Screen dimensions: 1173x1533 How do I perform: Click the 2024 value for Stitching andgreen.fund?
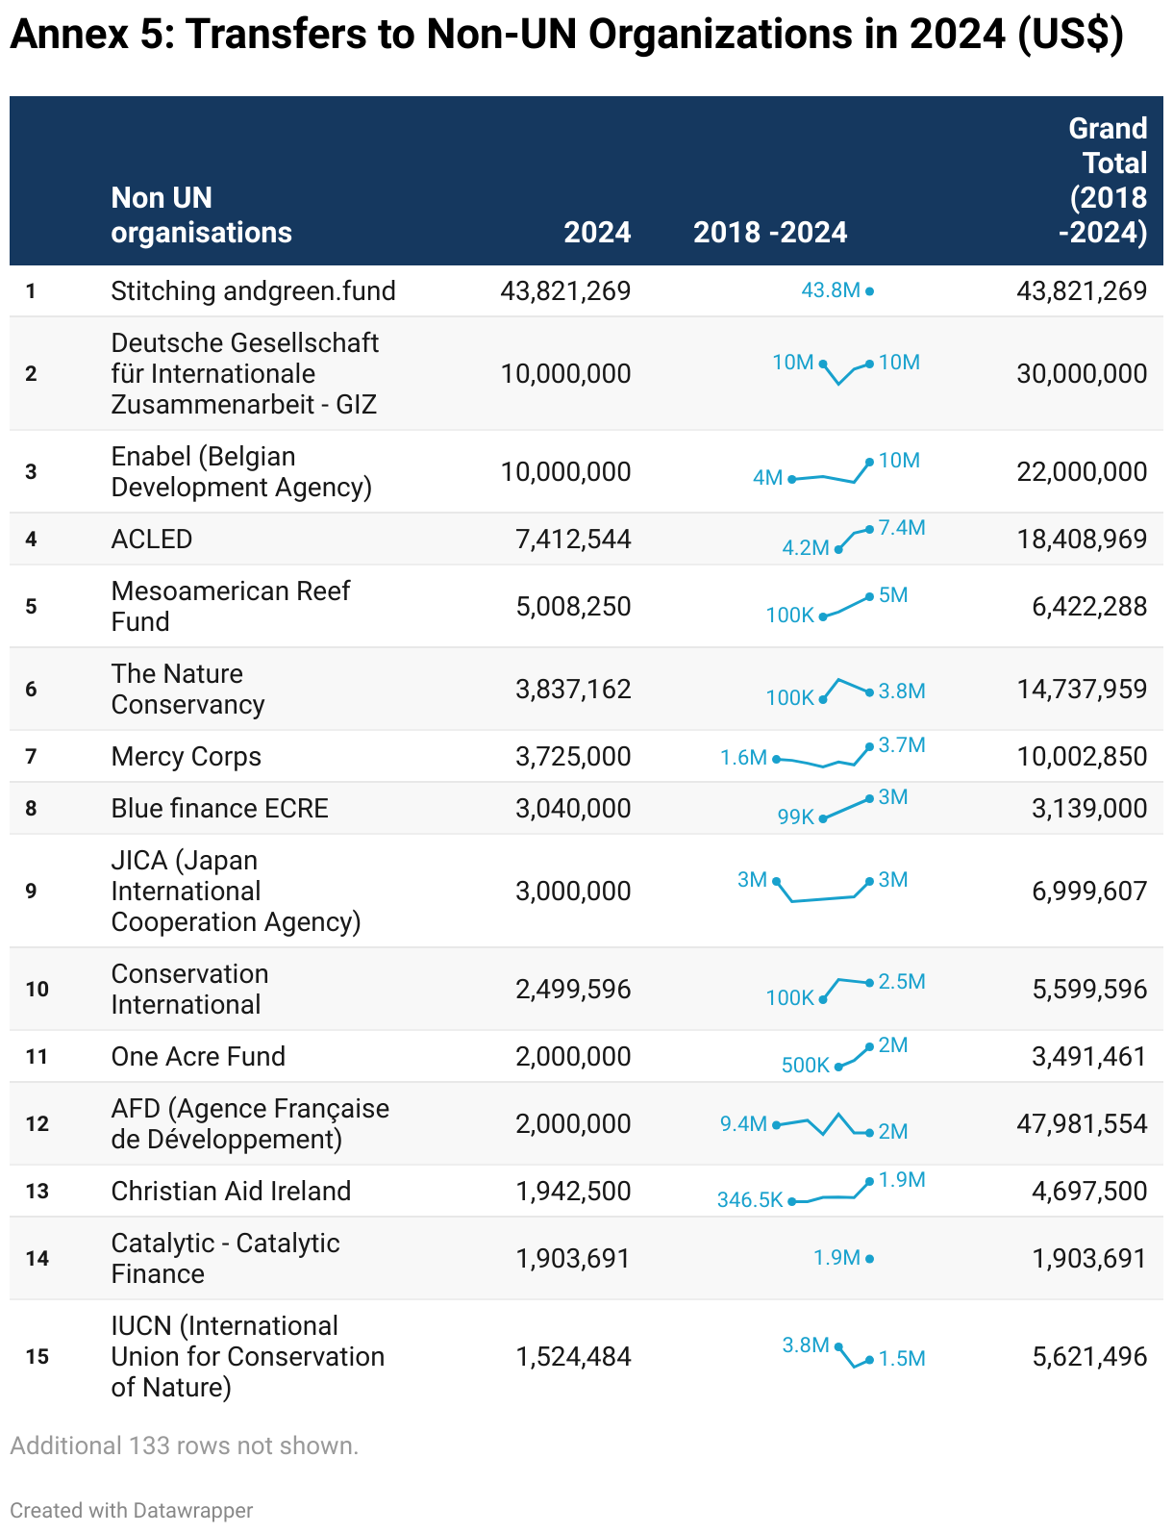click(565, 291)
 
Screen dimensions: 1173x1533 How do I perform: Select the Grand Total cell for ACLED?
click(1082, 540)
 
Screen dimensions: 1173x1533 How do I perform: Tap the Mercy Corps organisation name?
click(186, 756)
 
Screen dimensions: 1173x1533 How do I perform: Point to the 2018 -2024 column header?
click(770, 232)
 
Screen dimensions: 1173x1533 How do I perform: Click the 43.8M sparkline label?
click(830, 289)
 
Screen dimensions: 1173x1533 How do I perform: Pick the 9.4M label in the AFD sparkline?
click(743, 1123)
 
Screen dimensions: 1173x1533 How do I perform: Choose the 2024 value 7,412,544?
click(573, 540)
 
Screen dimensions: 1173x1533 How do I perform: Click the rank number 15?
click(37, 1356)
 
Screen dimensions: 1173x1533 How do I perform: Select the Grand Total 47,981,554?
click(1082, 1123)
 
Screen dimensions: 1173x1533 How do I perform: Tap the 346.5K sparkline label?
click(750, 1200)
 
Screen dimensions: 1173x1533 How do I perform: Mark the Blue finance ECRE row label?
click(219, 808)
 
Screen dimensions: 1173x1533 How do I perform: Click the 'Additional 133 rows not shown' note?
click(185, 1445)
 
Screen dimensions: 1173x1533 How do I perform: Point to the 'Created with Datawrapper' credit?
click(132, 1511)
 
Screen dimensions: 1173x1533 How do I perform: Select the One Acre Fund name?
click(198, 1057)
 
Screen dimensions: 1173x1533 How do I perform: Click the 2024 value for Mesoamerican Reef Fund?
click(573, 606)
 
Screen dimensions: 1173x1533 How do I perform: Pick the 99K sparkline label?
click(795, 817)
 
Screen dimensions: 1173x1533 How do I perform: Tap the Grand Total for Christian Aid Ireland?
click(1089, 1192)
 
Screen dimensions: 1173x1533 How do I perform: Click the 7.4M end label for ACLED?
click(902, 528)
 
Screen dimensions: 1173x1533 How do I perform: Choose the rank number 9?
click(31, 892)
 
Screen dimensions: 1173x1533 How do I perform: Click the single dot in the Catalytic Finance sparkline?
click(869, 1259)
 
